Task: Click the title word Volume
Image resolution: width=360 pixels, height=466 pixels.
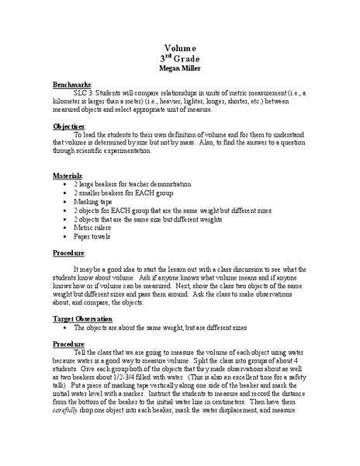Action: click(x=179, y=47)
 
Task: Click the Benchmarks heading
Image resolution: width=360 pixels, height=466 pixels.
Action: click(x=72, y=83)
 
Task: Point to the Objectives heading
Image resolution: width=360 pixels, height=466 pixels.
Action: click(x=69, y=126)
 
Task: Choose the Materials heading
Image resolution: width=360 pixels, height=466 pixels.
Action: click(x=67, y=176)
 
